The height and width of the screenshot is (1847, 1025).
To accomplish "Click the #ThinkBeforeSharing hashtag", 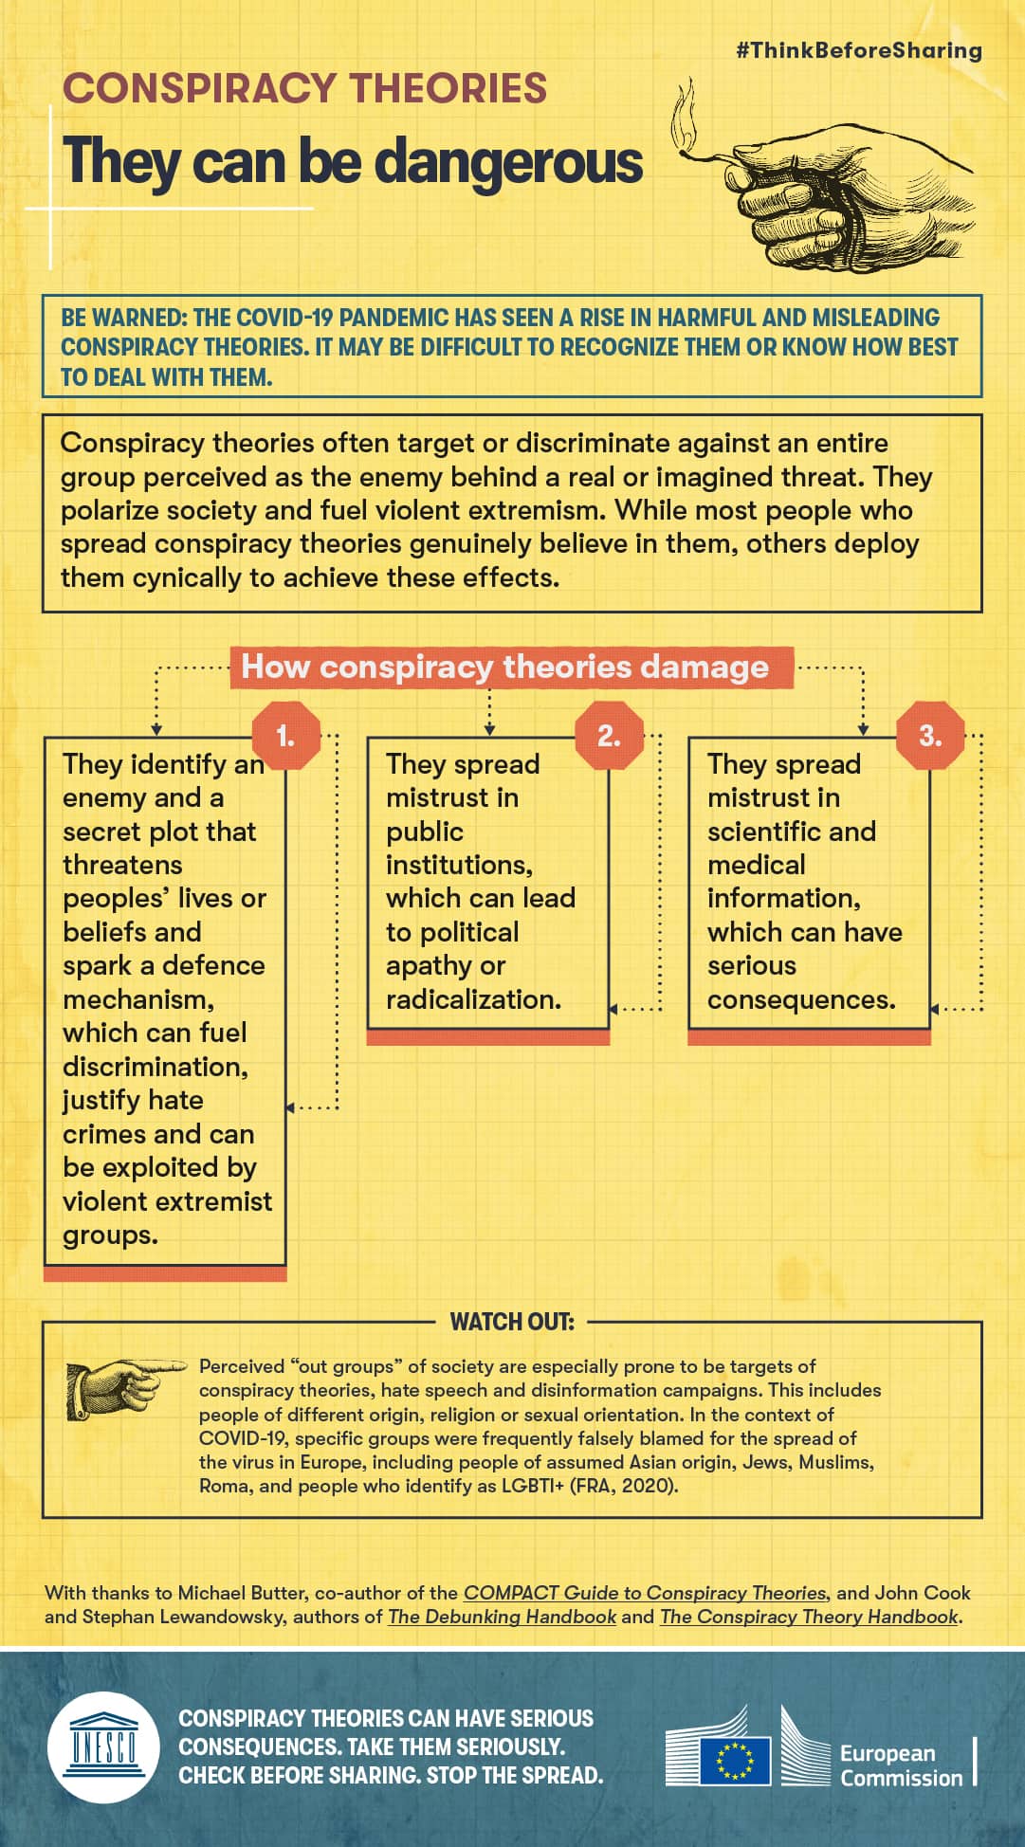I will (858, 50).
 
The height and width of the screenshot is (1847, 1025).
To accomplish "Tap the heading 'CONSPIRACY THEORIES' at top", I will (304, 88).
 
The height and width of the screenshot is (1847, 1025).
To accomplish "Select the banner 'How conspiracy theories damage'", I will (504, 667).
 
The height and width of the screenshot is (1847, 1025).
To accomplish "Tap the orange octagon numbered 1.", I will (285, 736).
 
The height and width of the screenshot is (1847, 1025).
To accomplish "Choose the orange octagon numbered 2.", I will (609, 736).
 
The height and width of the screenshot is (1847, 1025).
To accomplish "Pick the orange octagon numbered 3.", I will (930, 736).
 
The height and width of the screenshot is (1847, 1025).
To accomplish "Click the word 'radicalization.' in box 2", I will (473, 999).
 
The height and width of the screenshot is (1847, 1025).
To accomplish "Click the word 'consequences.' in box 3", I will (801, 999).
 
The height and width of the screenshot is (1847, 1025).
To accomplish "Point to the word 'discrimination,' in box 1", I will (156, 1067).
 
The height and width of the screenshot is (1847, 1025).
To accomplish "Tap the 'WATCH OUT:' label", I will (512, 1322).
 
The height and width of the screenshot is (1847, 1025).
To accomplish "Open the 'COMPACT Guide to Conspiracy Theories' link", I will (645, 1593).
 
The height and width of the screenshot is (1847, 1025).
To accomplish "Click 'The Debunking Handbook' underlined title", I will (502, 1617).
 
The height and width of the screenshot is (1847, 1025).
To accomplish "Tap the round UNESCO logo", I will (103, 1746).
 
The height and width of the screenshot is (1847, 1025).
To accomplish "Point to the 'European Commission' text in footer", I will (900, 1765).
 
